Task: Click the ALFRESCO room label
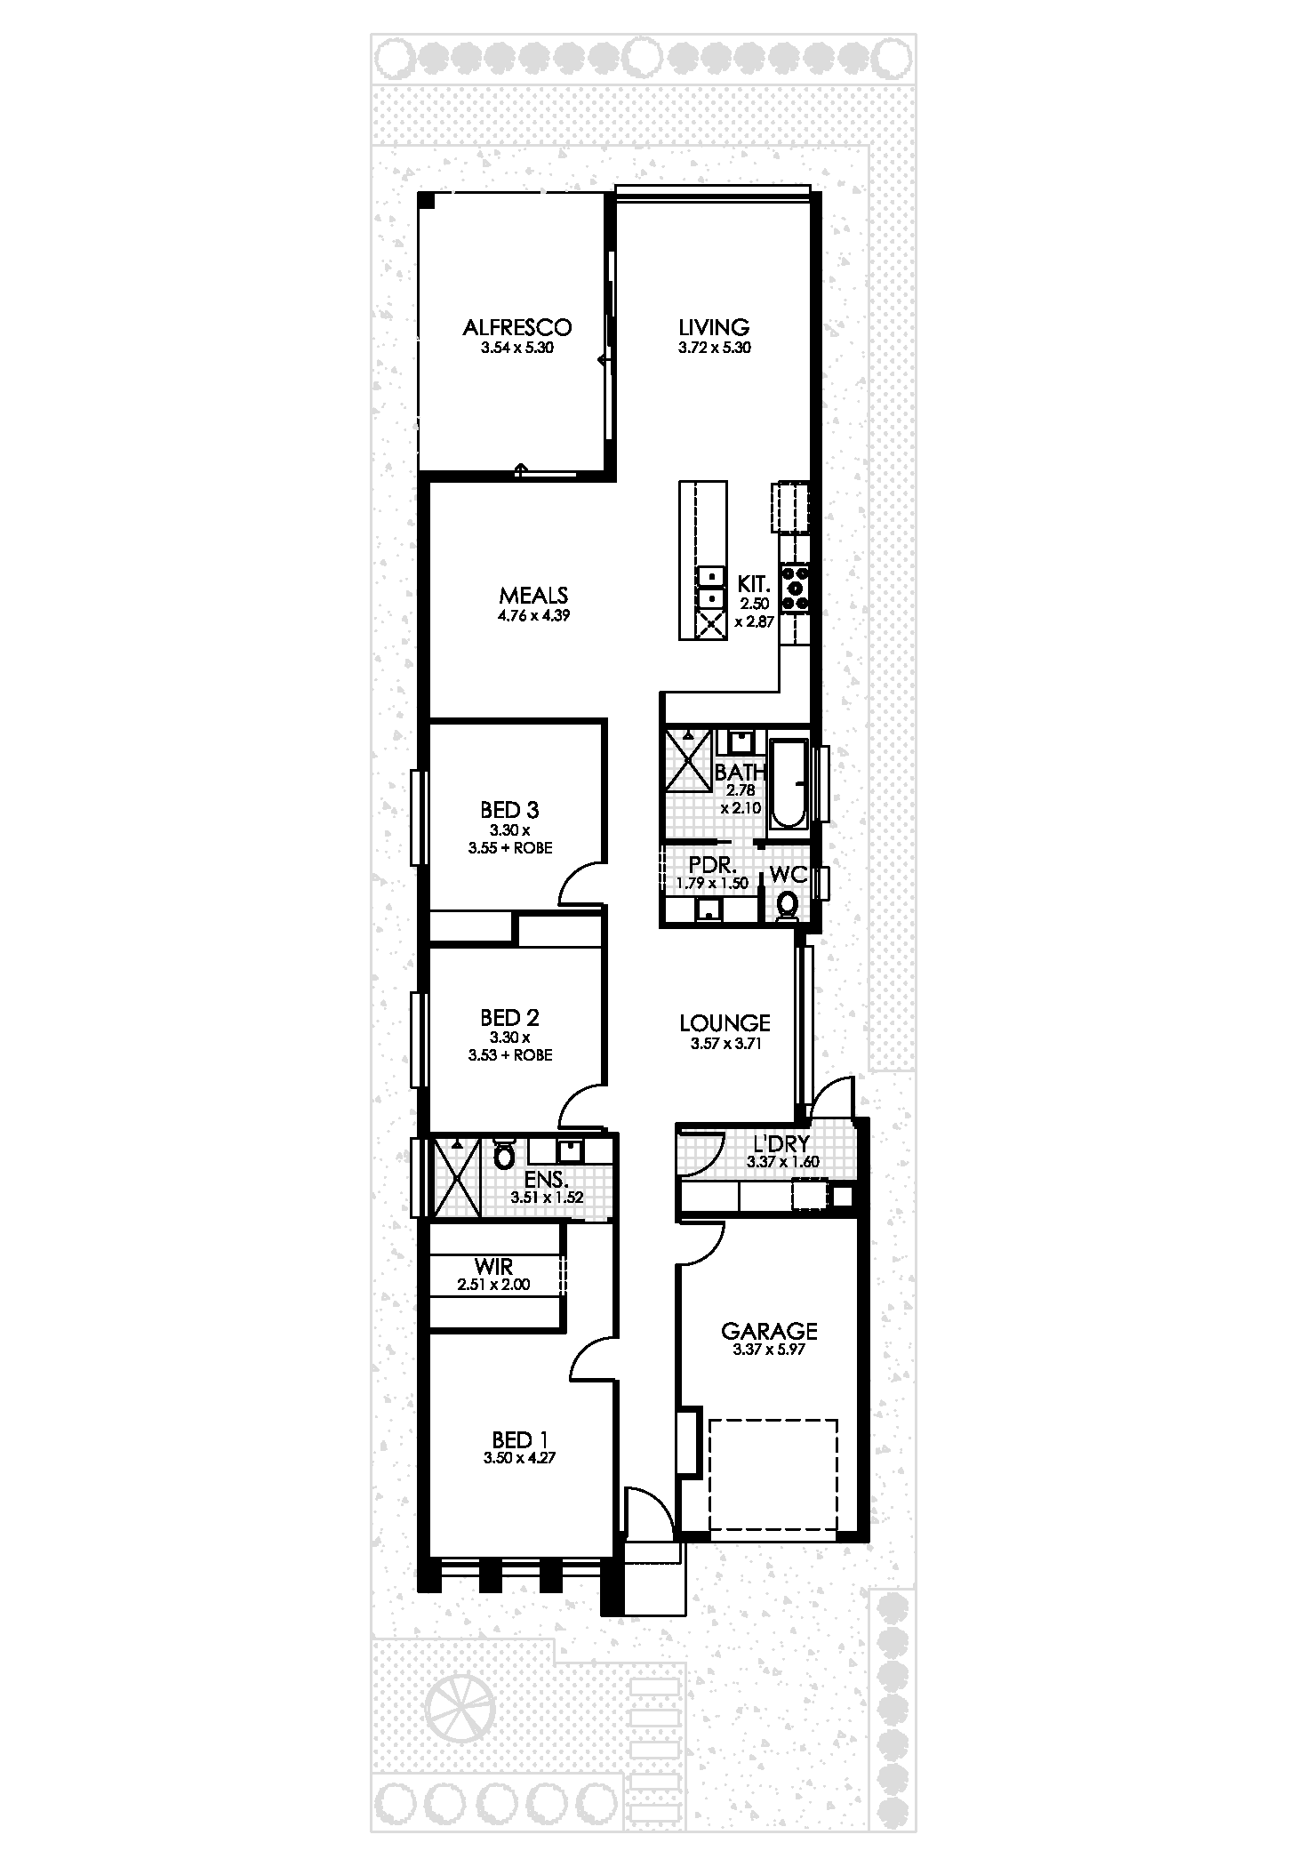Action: [x=516, y=327]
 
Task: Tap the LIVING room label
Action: [x=714, y=327]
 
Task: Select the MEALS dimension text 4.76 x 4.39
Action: [x=533, y=614]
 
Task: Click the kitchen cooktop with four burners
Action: [x=795, y=588]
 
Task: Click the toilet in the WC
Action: [x=787, y=904]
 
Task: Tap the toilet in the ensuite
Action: [x=504, y=1154]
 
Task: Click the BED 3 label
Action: [x=509, y=810]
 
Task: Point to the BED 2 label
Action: [x=509, y=1017]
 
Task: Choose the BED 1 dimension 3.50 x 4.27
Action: [x=519, y=1458]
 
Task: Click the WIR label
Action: [x=493, y=1265]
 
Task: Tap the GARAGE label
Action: [x=769, y=1331]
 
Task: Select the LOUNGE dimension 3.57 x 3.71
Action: [x=725, y=1044]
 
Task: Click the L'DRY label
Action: [x=782, y=1145]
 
